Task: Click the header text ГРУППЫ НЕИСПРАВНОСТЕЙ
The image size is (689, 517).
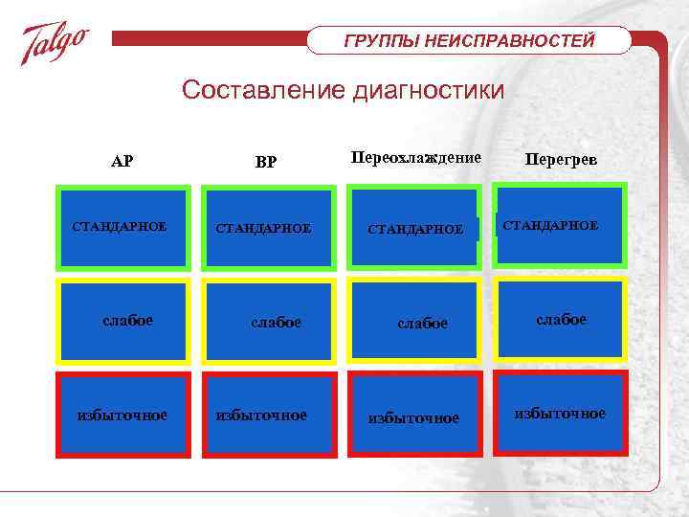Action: coord(469,41)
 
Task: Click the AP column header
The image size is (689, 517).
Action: coord(122,161)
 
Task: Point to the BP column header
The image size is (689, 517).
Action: coord(266,162)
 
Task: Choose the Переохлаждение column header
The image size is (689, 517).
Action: coord(416,156)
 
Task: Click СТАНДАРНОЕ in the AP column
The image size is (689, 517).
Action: coord(120,227)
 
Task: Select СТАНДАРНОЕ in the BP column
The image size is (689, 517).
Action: coord(263,229)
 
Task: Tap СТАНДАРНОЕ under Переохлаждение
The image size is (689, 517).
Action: coord(416,230)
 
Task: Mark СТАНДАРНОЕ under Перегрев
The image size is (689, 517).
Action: coord(550,225)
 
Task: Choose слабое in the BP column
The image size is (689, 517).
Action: coord(276,323)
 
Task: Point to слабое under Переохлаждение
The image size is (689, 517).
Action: coord(422,324)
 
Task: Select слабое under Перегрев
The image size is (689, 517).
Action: coord(561,319)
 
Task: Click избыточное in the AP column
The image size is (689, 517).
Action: coord(122,415)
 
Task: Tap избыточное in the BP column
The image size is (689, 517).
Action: coord(262,415)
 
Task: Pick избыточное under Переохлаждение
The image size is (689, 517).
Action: coord(414,418)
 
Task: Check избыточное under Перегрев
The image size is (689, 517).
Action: coord(561,413)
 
